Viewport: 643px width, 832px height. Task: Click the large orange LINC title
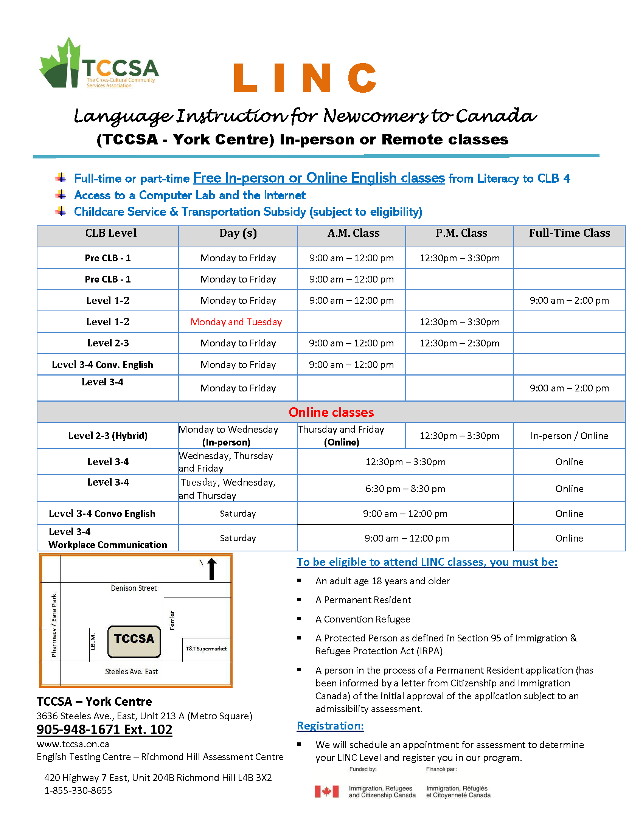(305, 78)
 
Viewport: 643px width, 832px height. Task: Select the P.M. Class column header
(461, 233)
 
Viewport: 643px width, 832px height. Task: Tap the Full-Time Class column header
(569, 233)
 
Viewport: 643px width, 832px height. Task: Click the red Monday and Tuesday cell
(236, 322)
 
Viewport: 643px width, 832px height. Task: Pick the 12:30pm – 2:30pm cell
(460, 343)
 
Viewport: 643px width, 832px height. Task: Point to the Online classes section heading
(331, 412)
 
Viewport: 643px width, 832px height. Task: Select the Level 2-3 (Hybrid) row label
(108, 435)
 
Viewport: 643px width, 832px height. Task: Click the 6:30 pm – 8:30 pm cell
(405, 489)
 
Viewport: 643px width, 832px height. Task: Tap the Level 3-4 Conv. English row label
(103, 365)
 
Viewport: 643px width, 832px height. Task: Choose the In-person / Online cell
(569, 436)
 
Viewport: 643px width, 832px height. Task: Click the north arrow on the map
(212, 569)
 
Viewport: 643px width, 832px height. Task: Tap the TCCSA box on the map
(134, 641)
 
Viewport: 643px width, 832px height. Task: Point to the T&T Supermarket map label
(206, 649)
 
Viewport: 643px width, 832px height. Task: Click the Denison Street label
(134, 588)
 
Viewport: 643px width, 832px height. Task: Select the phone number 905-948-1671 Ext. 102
(104, 729)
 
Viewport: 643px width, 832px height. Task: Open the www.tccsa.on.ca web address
(73, 744)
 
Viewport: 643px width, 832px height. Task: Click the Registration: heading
(330, 726)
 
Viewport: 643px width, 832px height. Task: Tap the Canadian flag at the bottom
(326, 791)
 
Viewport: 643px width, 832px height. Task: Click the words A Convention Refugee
(363, 619)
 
